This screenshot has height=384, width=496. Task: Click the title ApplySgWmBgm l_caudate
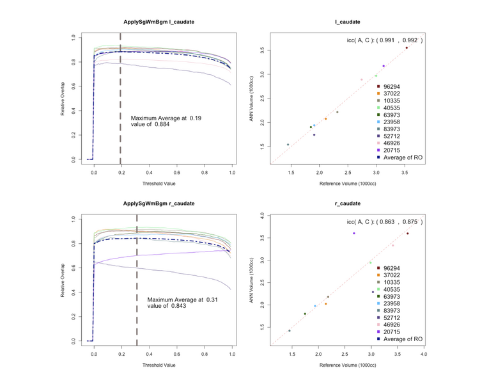[x=159, y=22]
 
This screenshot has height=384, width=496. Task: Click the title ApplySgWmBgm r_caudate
[x=159, y=204]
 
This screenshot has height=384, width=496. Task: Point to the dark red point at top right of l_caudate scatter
[x=406, y=48]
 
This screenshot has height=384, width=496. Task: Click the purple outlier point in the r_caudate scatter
[x=353, y=234]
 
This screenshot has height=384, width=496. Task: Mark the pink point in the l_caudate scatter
[x=362, y=79]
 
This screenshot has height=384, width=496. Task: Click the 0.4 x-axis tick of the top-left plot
[x=150, y=173]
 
